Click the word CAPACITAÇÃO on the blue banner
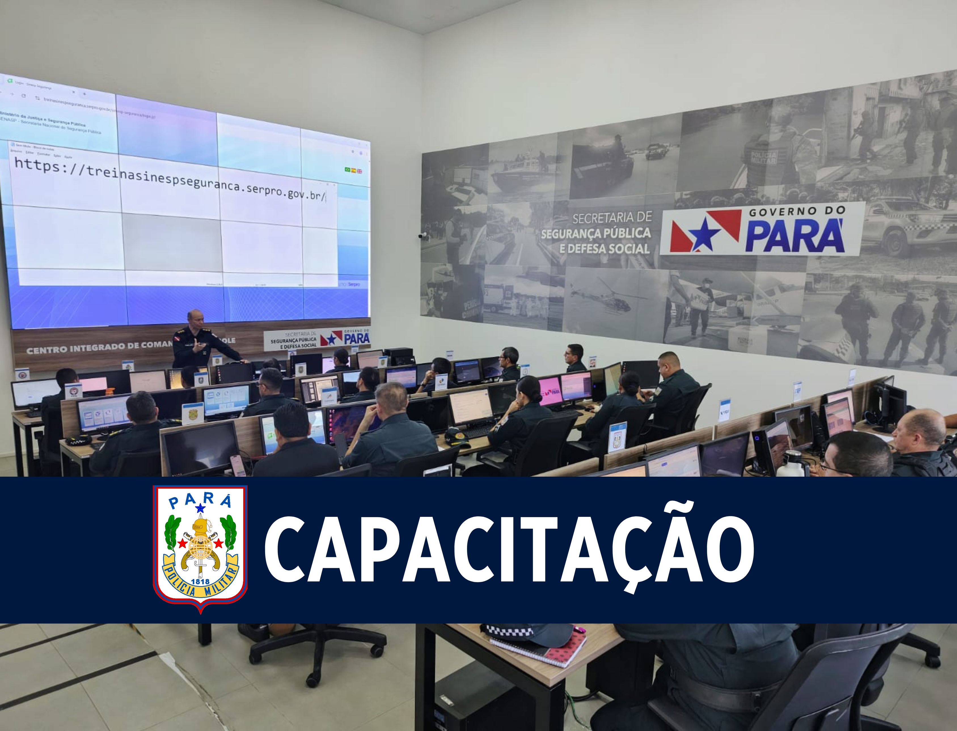coord(509,549)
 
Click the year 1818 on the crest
coord(200,581)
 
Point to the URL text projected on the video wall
coord(170,178)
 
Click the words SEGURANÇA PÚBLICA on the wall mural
coord(596,234)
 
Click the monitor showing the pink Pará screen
coord(550,392)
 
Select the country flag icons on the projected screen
coord(353,170)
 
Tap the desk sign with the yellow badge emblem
coord(192,413)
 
